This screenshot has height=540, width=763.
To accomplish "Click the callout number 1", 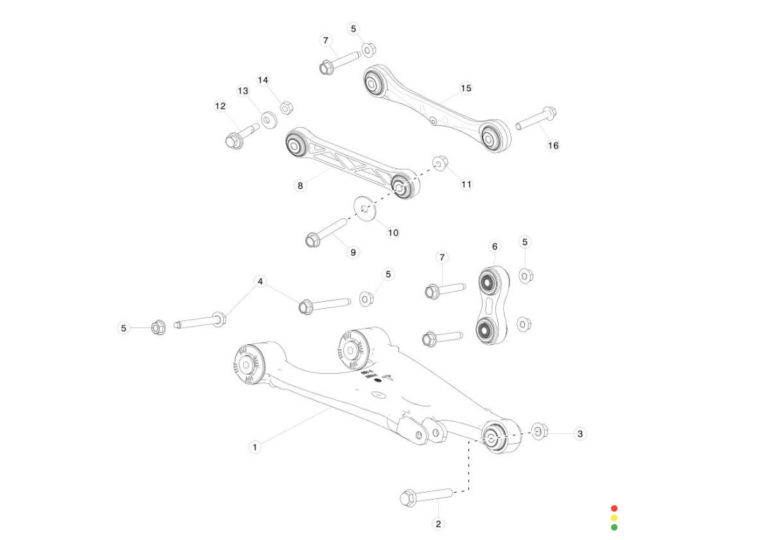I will coord(255,447).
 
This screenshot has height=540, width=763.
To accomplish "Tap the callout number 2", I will coord(439,524).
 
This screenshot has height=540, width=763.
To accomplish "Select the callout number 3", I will coord(580,433).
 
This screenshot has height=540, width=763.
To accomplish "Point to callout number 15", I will coord(466,88).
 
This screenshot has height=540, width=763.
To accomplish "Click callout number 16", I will coord(553,145).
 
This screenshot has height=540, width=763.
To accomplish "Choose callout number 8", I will coord(300,185).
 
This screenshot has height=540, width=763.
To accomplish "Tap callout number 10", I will coord(393,232).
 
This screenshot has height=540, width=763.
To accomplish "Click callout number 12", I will coord(220,106).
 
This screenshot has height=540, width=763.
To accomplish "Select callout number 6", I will coord(495,246).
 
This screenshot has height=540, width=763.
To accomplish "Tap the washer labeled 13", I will coord(268,119).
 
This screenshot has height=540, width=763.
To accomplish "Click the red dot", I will coord(614,508).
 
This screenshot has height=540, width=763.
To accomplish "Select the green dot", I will coord(614,527).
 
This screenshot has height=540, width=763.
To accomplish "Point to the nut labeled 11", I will coord(439,163).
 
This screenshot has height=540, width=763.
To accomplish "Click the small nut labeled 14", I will coord(286,108).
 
